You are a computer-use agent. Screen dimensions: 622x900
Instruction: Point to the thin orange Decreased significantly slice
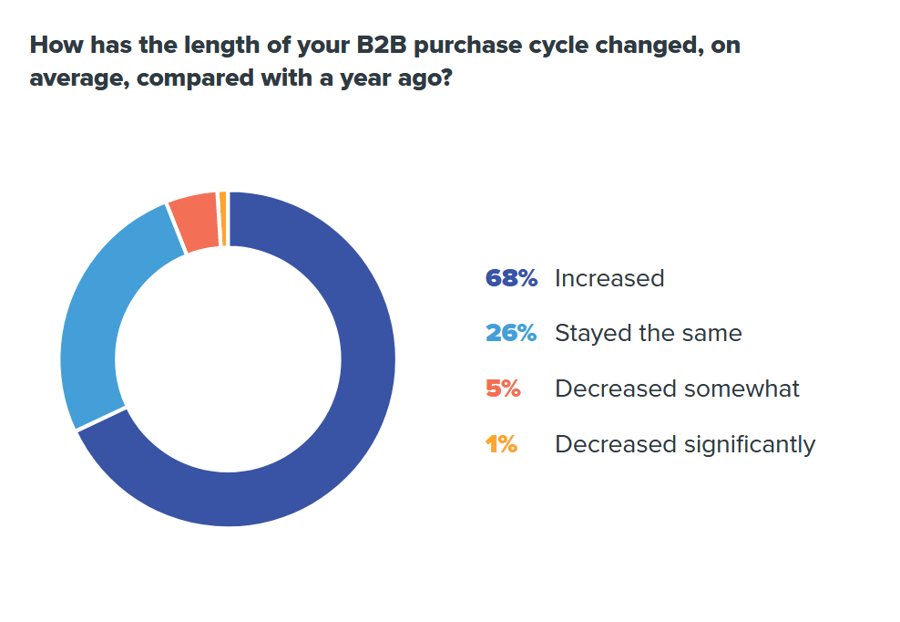coord(222,219)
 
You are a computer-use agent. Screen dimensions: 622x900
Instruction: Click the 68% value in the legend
coord(511,278)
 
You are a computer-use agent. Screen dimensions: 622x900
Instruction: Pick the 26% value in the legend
coord(511,334)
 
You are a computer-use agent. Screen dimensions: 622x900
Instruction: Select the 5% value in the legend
coord(504,389)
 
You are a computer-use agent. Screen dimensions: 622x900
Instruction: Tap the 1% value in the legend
coord(502,444)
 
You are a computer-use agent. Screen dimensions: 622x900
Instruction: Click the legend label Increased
coord(609,278)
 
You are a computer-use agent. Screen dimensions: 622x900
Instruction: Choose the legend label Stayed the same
coord(649,334)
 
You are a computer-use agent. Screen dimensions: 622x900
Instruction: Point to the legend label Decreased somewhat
coord(677,389)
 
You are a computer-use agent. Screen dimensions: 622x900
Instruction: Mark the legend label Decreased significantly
coord(685,444)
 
